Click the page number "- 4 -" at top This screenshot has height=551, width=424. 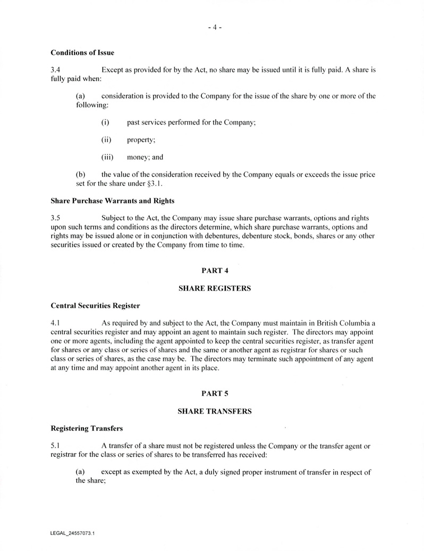[215, 28]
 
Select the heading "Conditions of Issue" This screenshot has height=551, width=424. [82, 53]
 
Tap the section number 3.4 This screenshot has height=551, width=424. [56, 70]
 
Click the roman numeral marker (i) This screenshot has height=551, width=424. [105, 122]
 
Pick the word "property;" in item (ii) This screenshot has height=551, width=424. [141, 140]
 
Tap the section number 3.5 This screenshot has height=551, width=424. [56, 218]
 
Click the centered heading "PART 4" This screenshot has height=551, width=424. [215, 270]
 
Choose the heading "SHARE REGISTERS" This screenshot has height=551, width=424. [214, 288]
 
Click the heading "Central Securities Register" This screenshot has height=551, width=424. [95, 306]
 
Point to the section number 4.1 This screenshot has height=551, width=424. [55, 323]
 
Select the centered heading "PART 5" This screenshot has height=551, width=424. [215, 393]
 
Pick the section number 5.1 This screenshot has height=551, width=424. [55, 446]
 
